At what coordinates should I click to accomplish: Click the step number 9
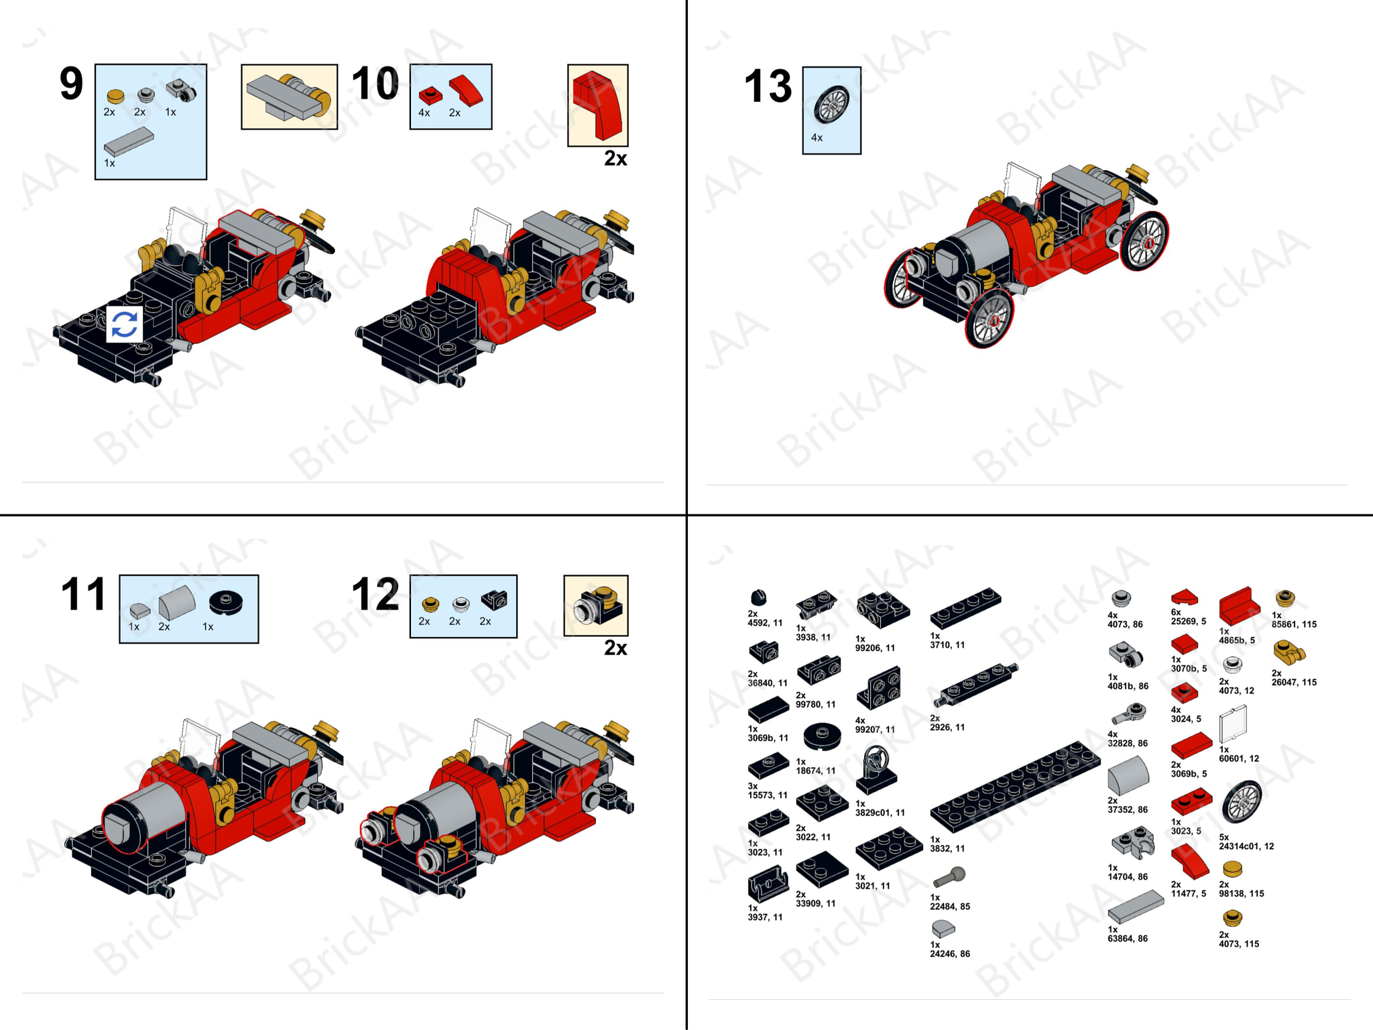[72, 84]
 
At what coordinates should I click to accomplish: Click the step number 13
[768, 87]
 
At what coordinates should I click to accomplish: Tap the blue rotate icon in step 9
[125, 325]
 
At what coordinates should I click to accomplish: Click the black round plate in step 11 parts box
[226, 602]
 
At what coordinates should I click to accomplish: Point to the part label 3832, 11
[947, 848]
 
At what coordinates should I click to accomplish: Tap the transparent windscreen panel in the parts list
[1232, 725]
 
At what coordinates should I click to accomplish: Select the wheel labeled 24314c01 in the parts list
[1242, 801]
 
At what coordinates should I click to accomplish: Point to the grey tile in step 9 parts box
[129, 143]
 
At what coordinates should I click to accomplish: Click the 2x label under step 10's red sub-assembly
[615, 158]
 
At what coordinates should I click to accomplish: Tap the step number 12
[375, 594]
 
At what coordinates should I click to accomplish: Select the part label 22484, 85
[950, 906]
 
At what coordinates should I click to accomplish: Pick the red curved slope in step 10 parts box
[465, 91]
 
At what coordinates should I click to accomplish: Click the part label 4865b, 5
[1237, 640]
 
